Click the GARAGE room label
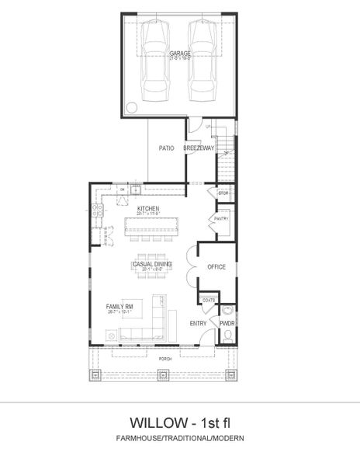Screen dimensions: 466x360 click(180, 54)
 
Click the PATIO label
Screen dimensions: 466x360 click(166, 147)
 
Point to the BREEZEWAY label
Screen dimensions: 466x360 click(198, 147)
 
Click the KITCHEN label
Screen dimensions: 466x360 click(148, 209)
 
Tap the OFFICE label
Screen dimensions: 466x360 click(216, 266)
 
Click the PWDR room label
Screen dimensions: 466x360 click(227, 322)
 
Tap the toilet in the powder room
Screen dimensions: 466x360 click(228, 336)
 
